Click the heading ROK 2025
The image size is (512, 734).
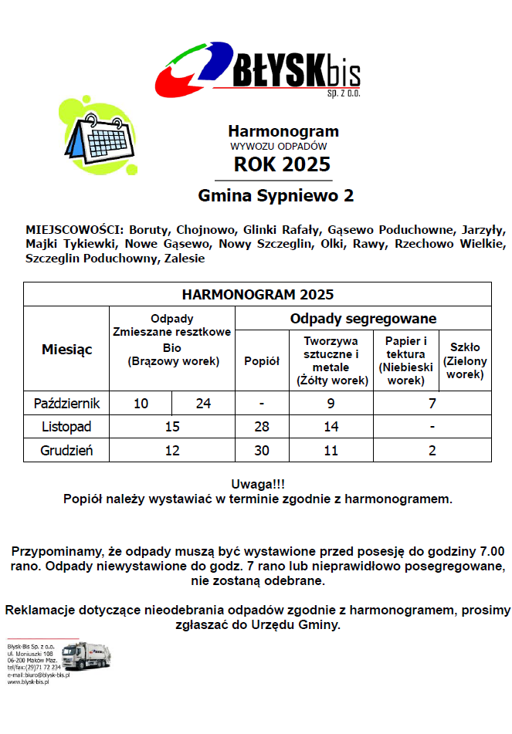[283, 164]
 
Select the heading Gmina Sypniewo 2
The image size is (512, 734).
[276, 196]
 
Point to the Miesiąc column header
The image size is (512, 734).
[66, 349]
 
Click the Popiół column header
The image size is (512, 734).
[262, 360]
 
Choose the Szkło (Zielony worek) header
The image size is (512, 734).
[465, 360]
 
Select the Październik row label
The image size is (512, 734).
[66, 403]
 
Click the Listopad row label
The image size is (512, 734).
[66, 427]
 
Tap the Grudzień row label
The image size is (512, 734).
[66, 451]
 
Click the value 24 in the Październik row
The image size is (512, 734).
[203, 403]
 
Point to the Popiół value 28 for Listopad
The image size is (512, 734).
[262, 427]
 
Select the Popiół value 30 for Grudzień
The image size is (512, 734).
[262, 451]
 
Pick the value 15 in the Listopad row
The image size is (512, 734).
[172, 427]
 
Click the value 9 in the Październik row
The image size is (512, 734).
[331, 403]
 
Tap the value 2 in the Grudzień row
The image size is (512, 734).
[432, 451]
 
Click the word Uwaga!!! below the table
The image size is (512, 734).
[257, 485]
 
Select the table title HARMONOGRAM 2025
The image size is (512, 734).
[257, 295]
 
